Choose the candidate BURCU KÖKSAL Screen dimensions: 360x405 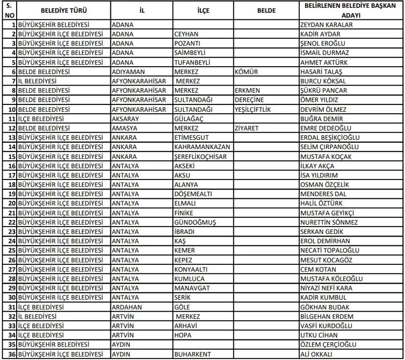click(319, 81)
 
